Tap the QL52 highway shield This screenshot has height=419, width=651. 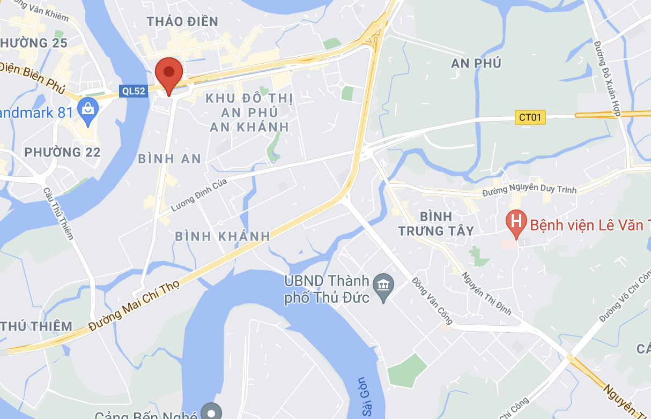134,91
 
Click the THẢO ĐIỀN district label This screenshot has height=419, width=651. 183,21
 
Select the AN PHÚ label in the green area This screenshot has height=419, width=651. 476,63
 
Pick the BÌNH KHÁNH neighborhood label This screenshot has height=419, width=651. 223,236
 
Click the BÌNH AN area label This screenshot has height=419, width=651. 169,159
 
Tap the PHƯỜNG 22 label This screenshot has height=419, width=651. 62,152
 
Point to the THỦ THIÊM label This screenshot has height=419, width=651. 36,326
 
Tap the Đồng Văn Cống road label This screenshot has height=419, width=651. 433,301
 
